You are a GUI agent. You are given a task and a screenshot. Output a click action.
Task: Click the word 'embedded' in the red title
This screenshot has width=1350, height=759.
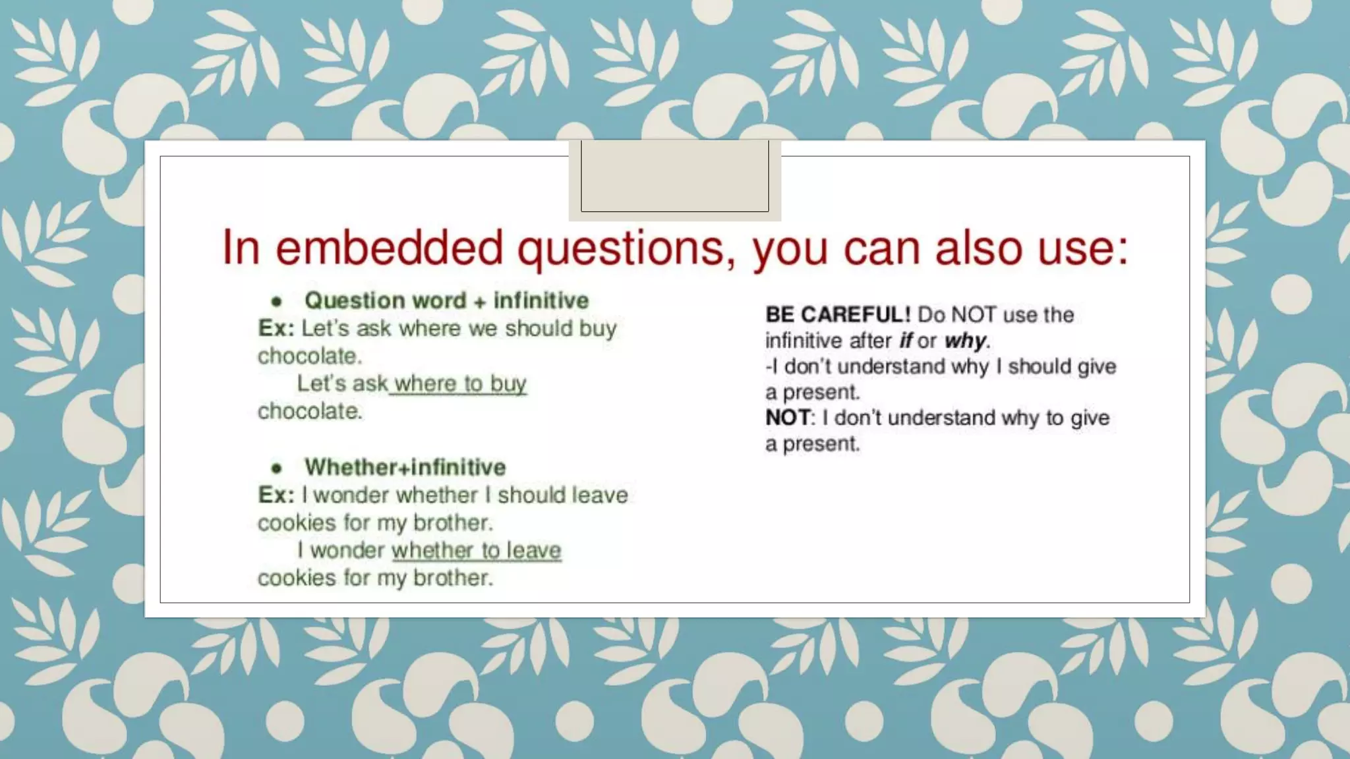389,248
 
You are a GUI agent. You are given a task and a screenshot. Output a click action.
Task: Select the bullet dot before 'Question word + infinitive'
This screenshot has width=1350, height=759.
277,302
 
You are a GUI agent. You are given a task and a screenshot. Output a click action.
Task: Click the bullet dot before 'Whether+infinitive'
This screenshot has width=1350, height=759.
277,468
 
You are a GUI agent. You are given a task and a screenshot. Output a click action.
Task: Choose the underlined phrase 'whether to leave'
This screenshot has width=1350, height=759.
476,550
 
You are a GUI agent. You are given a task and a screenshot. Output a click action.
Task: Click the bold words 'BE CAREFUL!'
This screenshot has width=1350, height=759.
837,315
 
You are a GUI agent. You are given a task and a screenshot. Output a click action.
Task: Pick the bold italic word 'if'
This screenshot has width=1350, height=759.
906,341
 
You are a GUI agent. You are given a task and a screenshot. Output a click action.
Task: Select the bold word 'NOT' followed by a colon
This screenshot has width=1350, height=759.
788,418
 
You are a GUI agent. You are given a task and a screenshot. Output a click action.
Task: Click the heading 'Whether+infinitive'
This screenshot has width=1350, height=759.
405,467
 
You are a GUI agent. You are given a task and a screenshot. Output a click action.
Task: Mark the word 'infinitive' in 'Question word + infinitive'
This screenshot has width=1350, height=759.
541,300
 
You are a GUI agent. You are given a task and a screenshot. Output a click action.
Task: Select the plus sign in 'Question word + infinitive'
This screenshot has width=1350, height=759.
479,302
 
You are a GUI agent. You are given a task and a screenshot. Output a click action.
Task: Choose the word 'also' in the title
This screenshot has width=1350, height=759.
978,248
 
